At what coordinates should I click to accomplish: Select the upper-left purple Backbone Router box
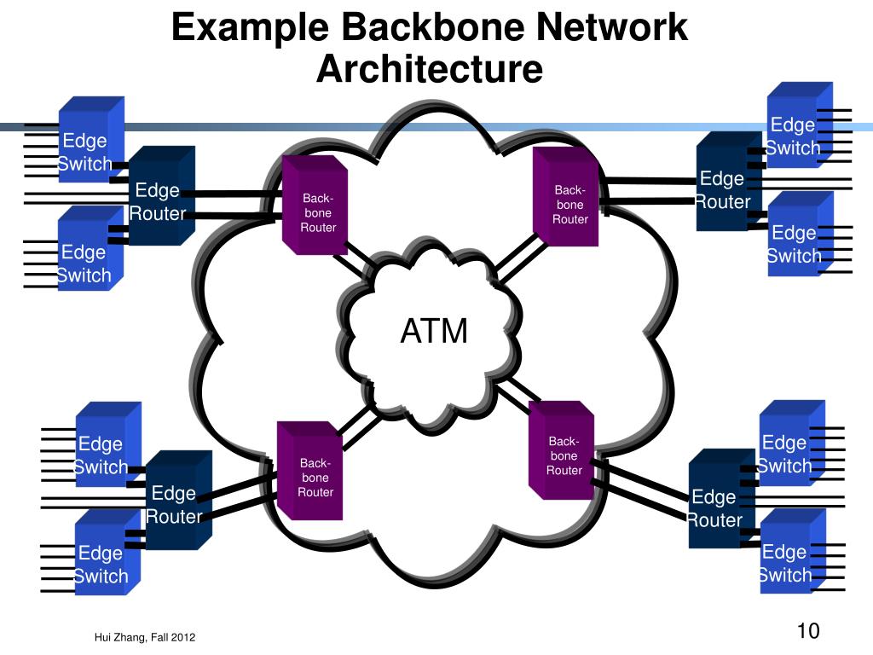(x=315, y=205)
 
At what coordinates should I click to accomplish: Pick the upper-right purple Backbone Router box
(x=566, y=197)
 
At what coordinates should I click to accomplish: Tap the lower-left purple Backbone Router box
(x=309, y=471)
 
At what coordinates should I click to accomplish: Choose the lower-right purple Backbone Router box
(x=561, y=450)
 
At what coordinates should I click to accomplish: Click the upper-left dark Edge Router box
(x=161, y=195)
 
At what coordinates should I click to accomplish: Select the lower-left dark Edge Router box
(x=179, y=500)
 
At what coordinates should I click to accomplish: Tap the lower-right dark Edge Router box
(x=721, y=498)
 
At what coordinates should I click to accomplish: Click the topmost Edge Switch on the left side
(x=91, y=139)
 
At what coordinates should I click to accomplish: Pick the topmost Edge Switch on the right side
(x=800, y=125)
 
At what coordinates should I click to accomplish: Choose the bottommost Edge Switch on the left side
(x=107, y=553)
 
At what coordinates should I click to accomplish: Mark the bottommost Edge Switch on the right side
(x=792, y=551)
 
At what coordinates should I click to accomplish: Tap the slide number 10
(x=808, y=631)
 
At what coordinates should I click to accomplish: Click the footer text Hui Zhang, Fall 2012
(x=145, y=638)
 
